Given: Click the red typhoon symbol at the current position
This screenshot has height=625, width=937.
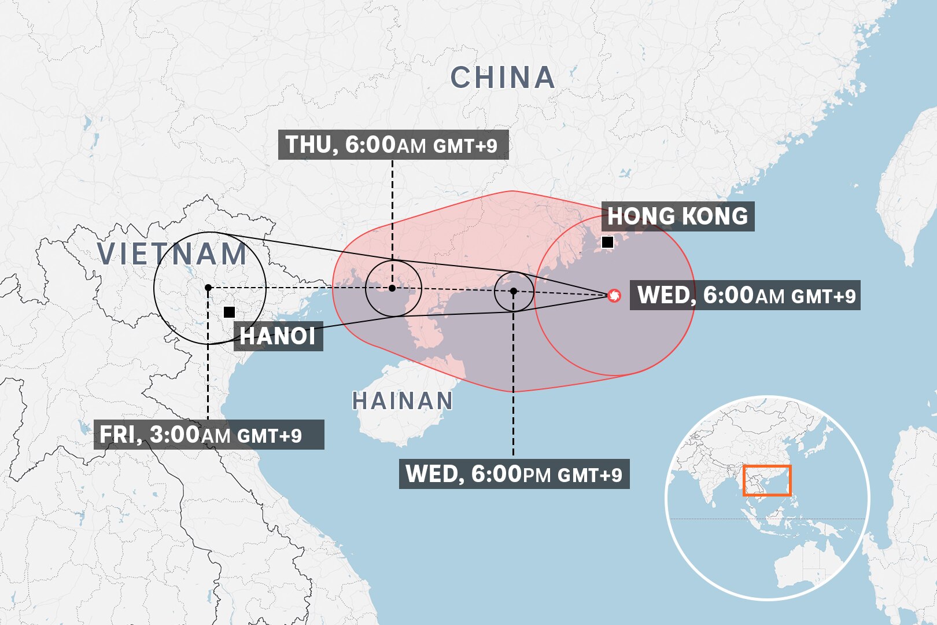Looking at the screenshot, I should click(x=614, y=296).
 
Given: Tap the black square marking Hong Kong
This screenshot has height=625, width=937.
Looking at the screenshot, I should click(x=607, y=242).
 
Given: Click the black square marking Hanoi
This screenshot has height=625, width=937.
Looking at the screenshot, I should click(x=229, y=312).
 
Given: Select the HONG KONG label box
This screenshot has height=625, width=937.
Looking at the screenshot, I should click(x=677, y=216).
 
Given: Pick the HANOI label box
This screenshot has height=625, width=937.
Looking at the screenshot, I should click(x=278, y=336).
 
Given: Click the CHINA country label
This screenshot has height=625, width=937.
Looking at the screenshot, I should click(x=503, y=78).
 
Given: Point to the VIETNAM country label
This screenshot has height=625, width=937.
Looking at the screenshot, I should click(x=172, y=255).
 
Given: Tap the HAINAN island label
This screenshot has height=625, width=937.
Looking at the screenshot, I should click(x=403, y=400).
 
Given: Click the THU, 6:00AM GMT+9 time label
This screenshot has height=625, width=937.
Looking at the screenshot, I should click(x=393, y=145).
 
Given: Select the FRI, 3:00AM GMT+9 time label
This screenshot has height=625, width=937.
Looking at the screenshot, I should click(x=208, y=435).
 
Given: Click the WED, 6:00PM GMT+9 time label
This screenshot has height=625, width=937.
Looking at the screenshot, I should click(x=514, y=474).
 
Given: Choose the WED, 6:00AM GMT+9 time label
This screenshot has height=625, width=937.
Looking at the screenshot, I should click(x=745, y=295).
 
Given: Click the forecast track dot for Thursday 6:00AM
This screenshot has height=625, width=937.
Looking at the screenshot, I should click(x=392, y=288).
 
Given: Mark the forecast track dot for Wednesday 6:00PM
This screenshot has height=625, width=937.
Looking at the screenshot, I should click(x=513, y=291).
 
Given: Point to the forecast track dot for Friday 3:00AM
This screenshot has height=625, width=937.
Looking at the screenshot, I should click(x=208, y=288).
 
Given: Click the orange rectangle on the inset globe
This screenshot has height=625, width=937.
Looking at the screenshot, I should click(x=766, y=480).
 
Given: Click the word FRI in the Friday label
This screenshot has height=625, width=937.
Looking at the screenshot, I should click(x=117, y=435).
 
